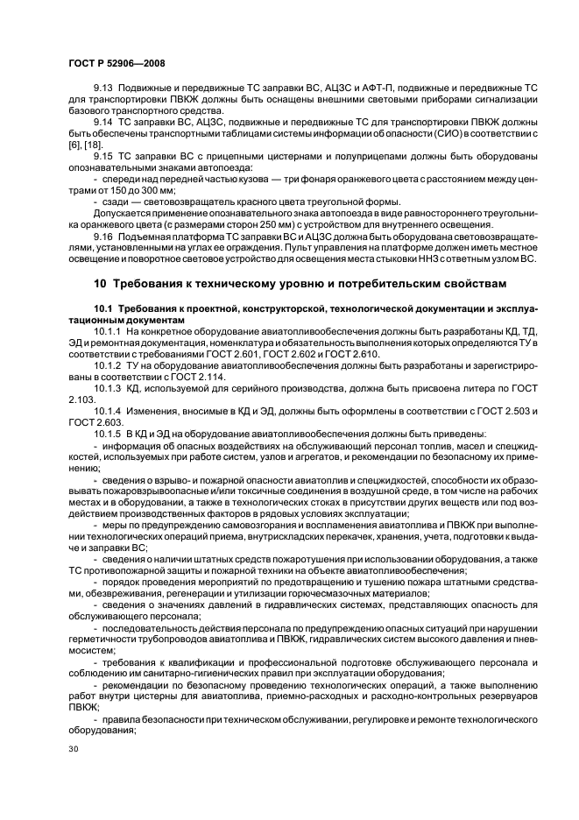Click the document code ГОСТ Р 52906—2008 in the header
(x=117, y=63)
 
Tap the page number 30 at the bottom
(x=73, y=749)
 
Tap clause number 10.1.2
(x=109, y=364)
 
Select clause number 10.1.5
(x=109, y=433)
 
